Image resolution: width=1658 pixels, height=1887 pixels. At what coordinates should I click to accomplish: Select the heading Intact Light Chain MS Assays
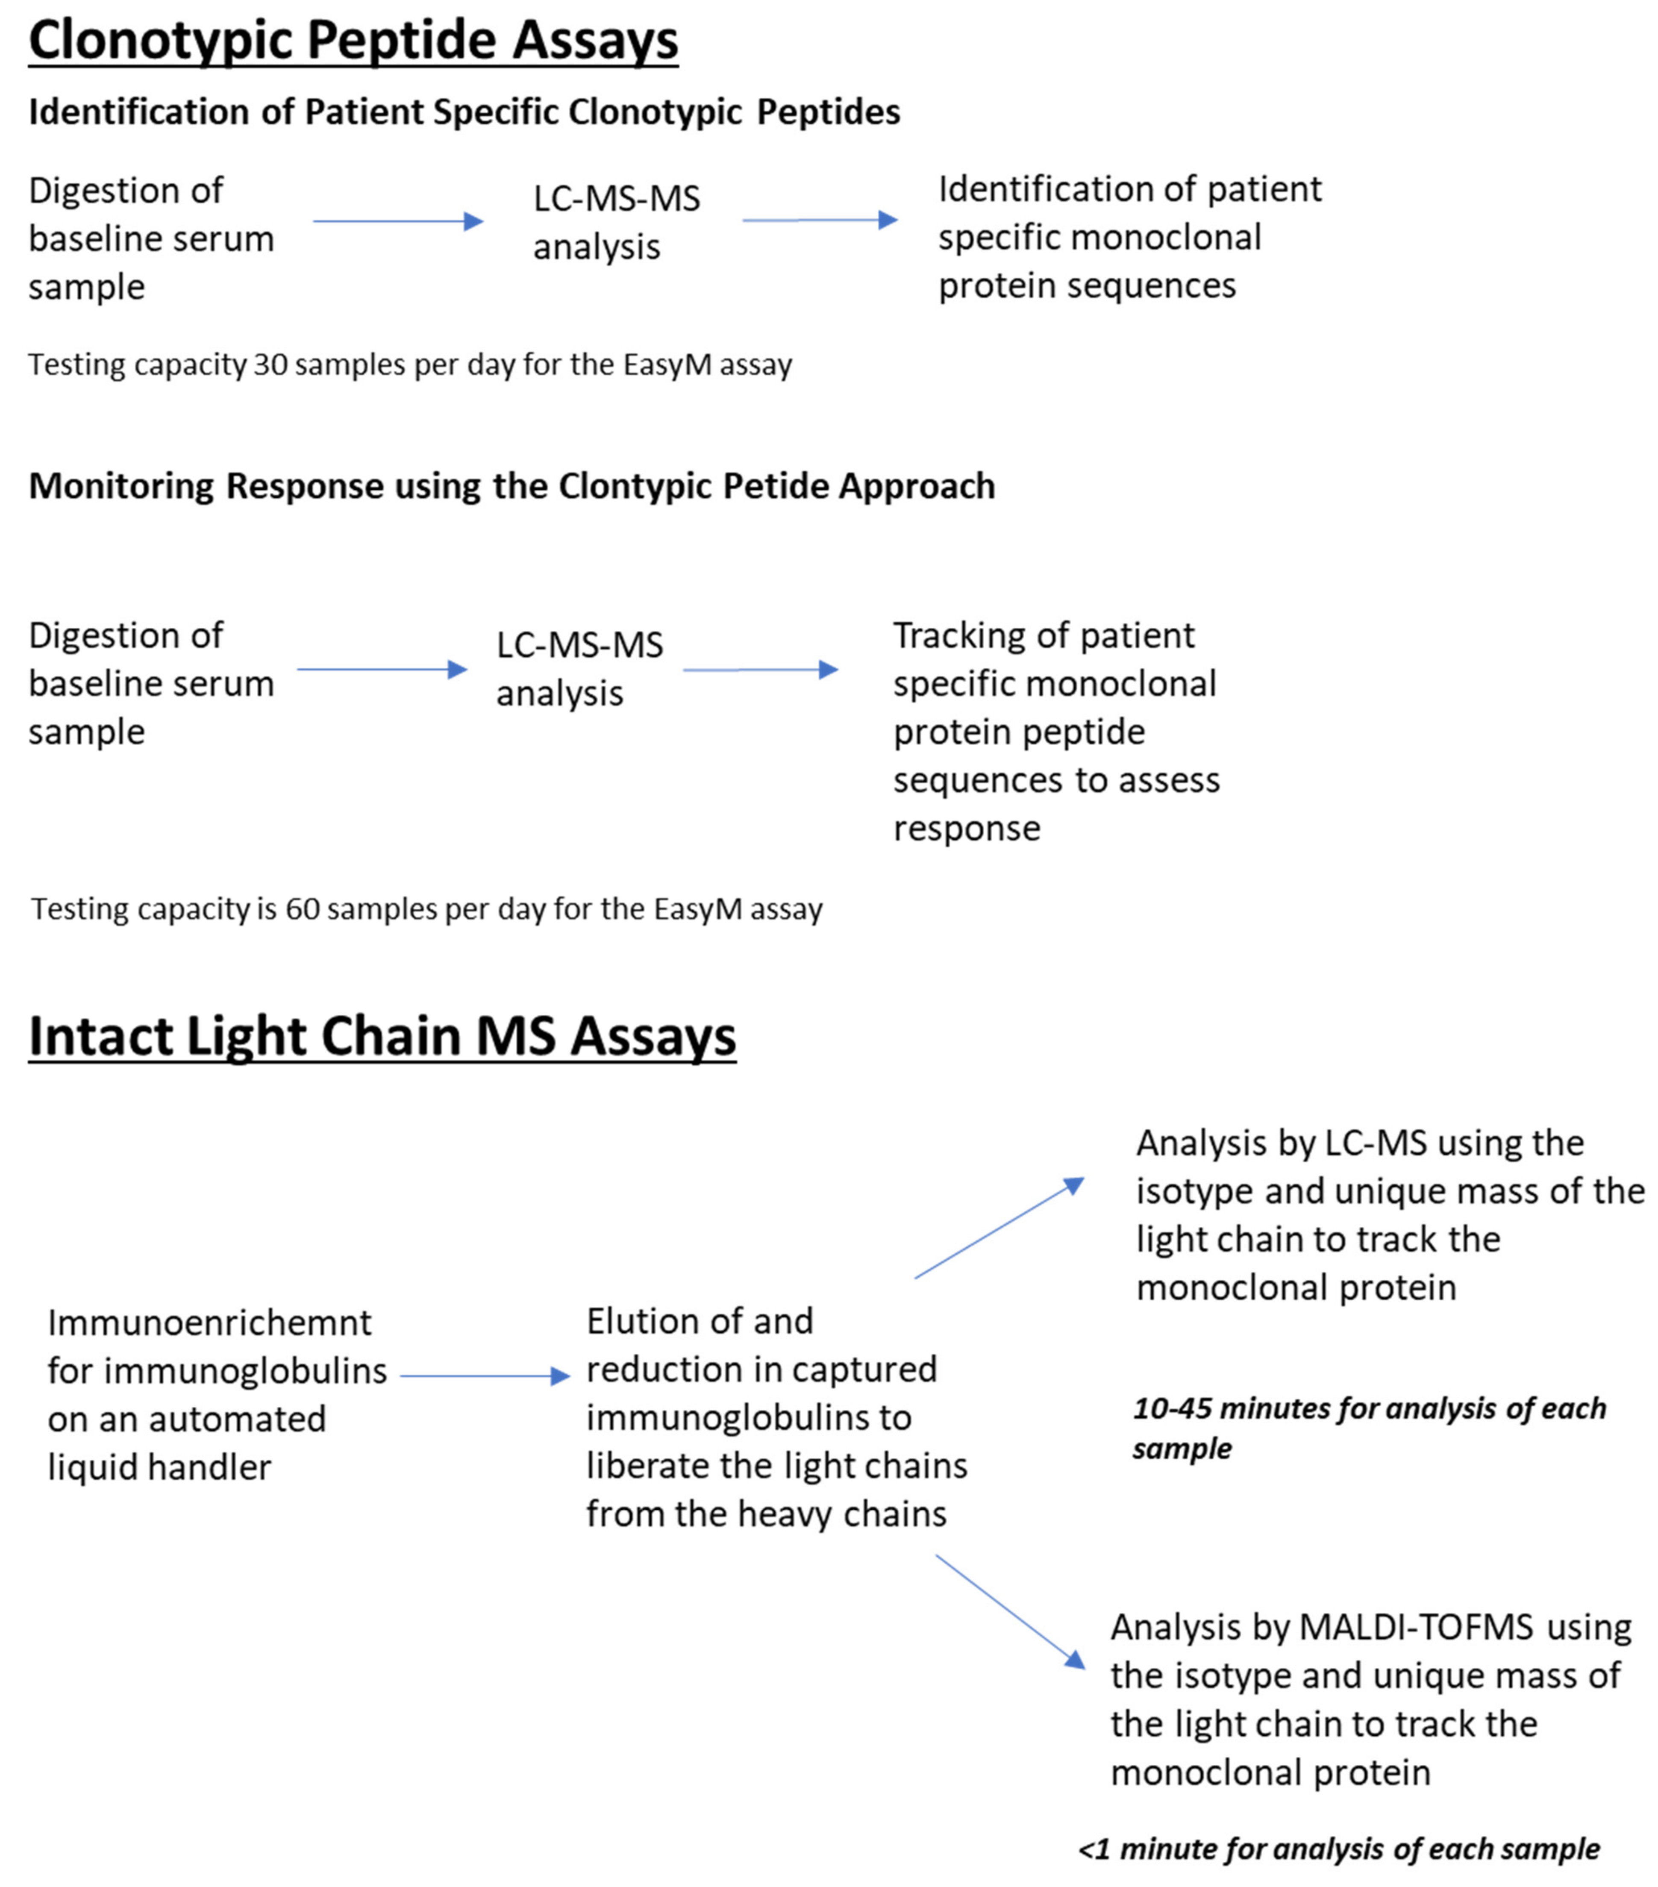tap(382, 1036)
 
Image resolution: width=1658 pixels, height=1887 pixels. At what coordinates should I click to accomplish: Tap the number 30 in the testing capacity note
tap(270, 364)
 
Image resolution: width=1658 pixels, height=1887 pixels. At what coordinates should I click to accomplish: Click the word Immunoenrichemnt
tap(209, 1323)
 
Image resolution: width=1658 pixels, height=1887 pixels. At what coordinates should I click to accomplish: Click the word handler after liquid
tap(218, 1467)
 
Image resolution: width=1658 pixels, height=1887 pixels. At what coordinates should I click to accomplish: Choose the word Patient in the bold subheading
tap(364, 112)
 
